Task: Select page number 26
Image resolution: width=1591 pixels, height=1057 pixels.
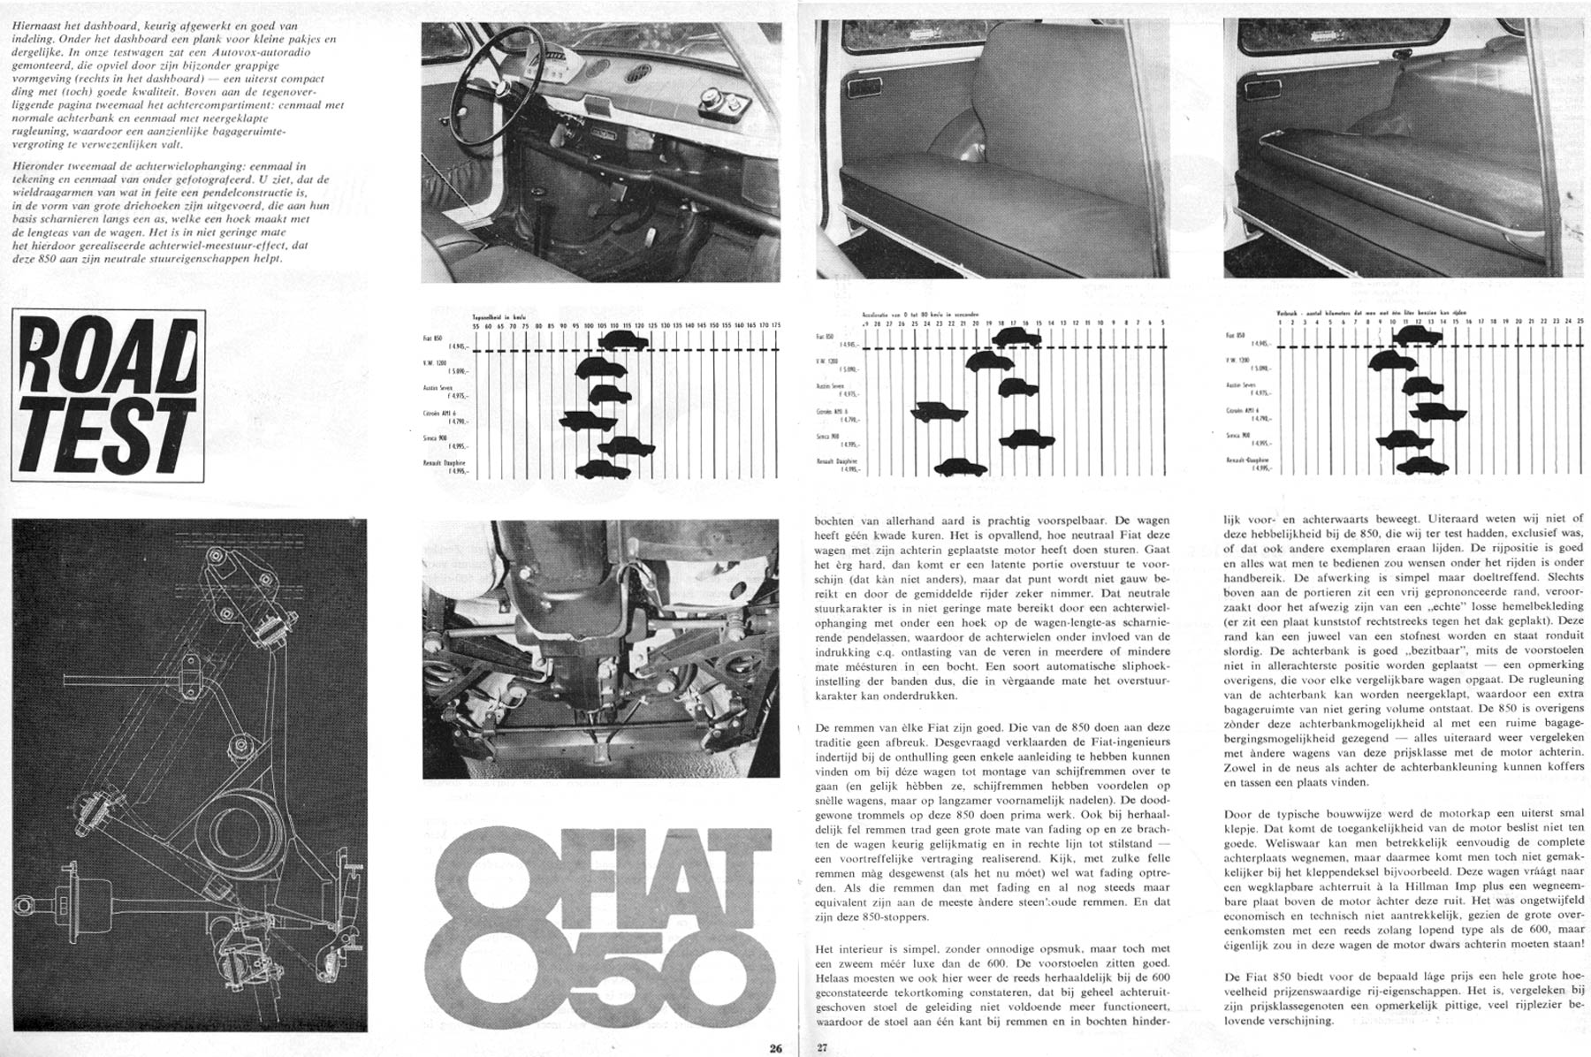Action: pyautogui.click(x=775, y=1049)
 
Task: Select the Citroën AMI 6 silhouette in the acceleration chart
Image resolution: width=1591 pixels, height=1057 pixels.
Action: pyautogui.click(x=940, y=412)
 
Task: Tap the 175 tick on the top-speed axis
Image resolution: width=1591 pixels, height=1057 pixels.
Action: pyautogui.click(x=776, y=326)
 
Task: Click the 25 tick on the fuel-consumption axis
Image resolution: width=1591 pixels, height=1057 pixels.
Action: pyautogui.click(x=1580, y=320)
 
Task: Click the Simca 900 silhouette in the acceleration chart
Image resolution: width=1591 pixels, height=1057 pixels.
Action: pyautogui.click(x=1027, y=438)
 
